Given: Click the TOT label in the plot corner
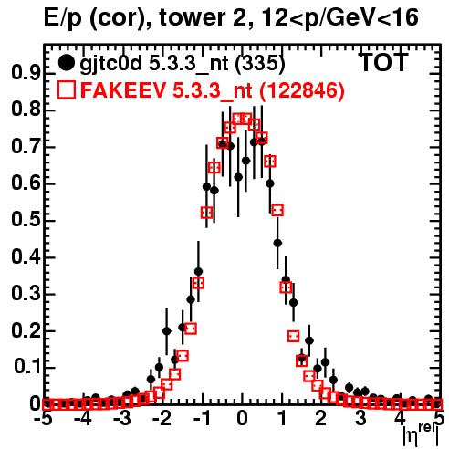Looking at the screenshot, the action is pos(383,62).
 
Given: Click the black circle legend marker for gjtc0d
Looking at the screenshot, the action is pos(66,63).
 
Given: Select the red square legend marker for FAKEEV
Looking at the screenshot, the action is pos(67,89).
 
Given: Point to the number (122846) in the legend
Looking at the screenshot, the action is pos(301,90).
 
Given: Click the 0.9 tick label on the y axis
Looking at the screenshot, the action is pos(26,73).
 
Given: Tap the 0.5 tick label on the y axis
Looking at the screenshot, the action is pos(26,220).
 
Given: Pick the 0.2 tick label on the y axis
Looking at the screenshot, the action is pos(26,330).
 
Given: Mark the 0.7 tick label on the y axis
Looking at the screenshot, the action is pos(26,146).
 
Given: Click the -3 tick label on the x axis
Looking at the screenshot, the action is pos(122,419).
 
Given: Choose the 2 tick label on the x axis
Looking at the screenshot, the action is pos(321,419).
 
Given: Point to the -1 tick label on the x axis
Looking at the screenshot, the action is pos(202,419).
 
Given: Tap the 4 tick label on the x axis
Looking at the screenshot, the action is pos(401,419).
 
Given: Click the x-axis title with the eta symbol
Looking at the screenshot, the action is pos(421,435).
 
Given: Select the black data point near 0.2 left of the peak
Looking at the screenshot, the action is pos(167,331).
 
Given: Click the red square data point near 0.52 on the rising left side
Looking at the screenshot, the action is pos(207,213).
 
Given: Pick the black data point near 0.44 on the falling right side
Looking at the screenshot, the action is pos(277,243).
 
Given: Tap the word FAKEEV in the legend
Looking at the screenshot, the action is pos(123,90).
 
